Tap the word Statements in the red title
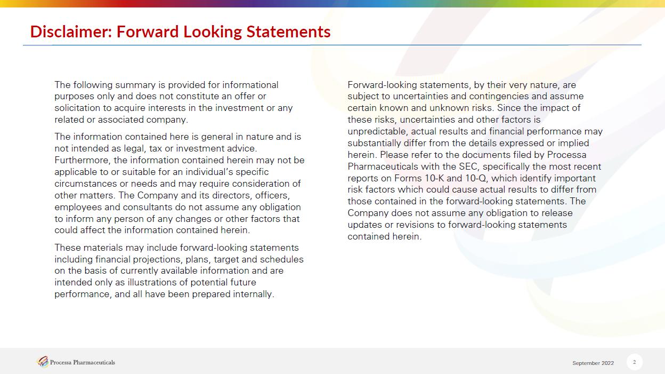pyautogui.click(x=288, y=31)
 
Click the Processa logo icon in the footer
pyautogui.click(x=43, y=362)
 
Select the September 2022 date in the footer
pyautogui.click(x=593, y=363)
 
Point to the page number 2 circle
pyautogui.click(x=635, y=362)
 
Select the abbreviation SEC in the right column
pyautogui.click(x=467, y=166)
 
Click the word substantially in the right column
pyautogui.click(x=375, y=143)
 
